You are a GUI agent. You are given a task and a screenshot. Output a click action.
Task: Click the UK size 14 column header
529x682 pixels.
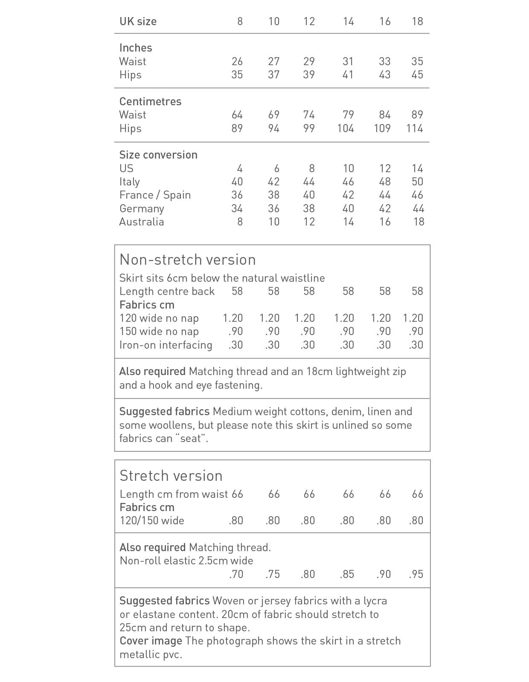pyautogui.click(x=348, y=21)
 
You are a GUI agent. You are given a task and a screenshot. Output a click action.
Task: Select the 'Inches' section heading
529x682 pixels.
pyautogui.click(x=136, y=48)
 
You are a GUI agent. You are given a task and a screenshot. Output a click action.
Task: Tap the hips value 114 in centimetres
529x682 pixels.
pyautogui.click(x=414, y=128)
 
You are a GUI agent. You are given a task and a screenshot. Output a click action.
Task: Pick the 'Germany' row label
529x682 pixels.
pyautogui.click(x=142, y=208)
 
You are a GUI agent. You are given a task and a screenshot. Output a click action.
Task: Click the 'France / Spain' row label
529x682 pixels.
pyautogui.click(x=155, y=195)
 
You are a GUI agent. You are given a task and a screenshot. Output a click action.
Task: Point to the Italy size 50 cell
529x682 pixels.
pyautogui.click(x=417, y=182)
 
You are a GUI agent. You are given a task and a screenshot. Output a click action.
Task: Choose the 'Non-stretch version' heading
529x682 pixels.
pyautogui.click(x=187, y=260)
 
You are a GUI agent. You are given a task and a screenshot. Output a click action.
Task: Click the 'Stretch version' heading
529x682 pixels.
pyautogui.click(x=171, y=476)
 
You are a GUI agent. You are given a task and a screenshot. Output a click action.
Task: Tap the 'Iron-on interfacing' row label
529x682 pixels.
pyautogui.click(x=166, y=345)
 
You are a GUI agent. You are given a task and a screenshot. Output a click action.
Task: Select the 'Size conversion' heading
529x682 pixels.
pyautogui.click(x=158, y=155)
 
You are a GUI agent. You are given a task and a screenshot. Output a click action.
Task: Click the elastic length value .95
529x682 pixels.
pyautogui.click(x=416, y=574)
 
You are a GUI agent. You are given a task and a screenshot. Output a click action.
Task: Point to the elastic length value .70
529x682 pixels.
pyautogui.click(x=236, y=574)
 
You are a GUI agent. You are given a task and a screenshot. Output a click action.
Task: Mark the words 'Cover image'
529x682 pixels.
pyautogui.click(x=151, y=641)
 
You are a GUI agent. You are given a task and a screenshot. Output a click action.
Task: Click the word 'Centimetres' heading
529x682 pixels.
pyautogui.click(x=150, y=101)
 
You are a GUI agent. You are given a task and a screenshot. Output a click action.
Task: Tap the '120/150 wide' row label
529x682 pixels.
pyautogui.click(x=152, y=520)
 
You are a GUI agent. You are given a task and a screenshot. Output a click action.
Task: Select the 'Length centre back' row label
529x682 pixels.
pyautogui.click(x=167, y=292)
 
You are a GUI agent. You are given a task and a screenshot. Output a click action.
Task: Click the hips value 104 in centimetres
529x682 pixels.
pyautogui.click(x=345, y=128)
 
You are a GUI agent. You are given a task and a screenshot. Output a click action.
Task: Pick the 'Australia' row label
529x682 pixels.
pyautogui.click(x=142, y=222)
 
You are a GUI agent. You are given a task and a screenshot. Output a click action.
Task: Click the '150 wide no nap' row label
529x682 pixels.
pyautogui.click(x=159, y=332)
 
